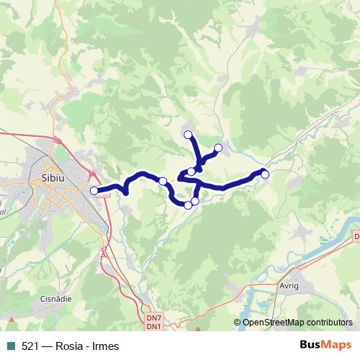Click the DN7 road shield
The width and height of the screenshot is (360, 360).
pos(153,318)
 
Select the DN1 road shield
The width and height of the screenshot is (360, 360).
pos(153,327)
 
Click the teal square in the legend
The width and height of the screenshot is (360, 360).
pos(11,346)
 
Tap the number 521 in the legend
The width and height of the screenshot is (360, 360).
pos(30,346)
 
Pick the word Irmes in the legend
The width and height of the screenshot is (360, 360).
pos(104,346)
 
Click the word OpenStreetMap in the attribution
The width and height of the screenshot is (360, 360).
pos(273,323)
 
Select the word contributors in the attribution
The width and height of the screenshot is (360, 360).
pos(328,323)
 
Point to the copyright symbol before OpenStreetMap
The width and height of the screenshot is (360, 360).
pos(237,323)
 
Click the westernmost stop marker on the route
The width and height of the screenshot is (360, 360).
pos(94,190)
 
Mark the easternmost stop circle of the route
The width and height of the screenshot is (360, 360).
pos(265,174)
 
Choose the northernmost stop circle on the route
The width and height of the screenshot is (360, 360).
pos(188,135)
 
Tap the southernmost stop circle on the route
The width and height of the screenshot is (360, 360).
pos(189,205)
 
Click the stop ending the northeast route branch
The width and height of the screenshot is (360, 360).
pos(218,148)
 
